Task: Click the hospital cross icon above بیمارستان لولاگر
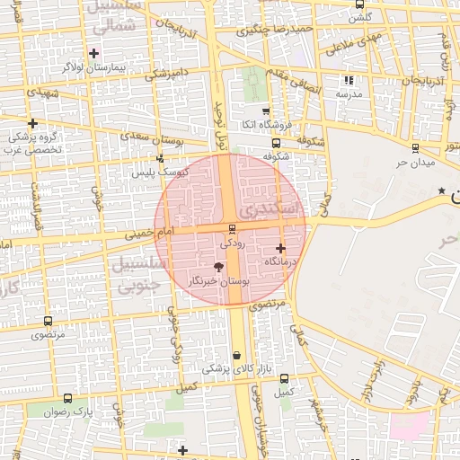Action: coord(94,54)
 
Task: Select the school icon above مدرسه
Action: coord(349,81)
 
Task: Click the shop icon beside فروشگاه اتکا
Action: coord(267,112)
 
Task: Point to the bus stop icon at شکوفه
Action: coord(275,142)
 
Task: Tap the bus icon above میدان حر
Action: coord(415,149)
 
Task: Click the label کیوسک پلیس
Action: coord(164,172)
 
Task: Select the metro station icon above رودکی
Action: coord(233,229)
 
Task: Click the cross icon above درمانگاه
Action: coord(281,247)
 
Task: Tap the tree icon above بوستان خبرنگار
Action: coord(218,266)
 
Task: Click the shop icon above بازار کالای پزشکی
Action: coord(236,356)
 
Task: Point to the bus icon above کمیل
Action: coord(285,378)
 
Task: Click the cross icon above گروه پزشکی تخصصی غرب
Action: coord(33,123)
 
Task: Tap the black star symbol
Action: coord(441,190)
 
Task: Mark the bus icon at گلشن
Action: coord(360,4)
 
